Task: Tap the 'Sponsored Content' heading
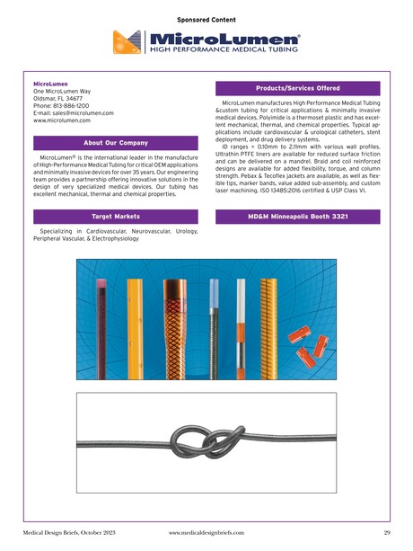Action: pyautogui.click(x=206, y=16)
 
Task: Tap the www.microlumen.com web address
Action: pyautogui.click(x=66, y=121)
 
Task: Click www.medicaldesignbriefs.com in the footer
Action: pyautogui.click(x=206, y=532)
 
